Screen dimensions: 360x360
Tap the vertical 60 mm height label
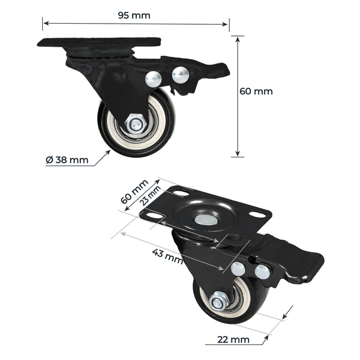pyautogui.click(x=256, y=92)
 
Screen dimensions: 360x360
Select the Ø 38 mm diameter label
pyautogui.click(x=67, y=160)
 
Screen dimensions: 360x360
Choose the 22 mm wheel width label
pyautogui.click(x=233, y=339)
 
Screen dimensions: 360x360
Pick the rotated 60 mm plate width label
pyautogui.click(x=134, y=191)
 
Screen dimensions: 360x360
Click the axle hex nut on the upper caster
pyautogui.click(x=137, y=123)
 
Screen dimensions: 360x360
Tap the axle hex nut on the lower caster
pyautogui.click(x=217, y=301)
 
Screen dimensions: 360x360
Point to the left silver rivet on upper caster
pyautogui.click(x=153, y=78)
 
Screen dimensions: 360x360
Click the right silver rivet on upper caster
pyautogui.click(x=181, y=76)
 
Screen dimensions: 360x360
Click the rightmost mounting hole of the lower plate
pyautogui.click(x=256, y=216)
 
